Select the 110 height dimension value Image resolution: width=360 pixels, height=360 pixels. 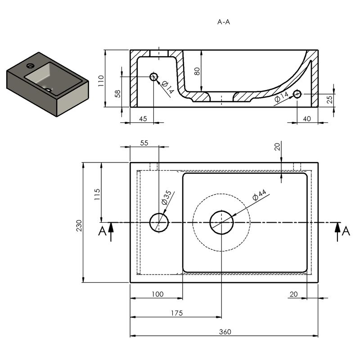[102, 80]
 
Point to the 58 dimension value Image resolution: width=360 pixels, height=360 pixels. [118, 94]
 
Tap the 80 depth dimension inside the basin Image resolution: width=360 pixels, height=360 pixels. [197, 71]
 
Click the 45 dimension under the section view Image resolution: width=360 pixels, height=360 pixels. [142, 119]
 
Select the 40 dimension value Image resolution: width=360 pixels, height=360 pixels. [307, 119]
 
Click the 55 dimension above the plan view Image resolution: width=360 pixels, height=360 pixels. [144, 143]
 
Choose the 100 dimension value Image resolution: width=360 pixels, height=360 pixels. [157, 294]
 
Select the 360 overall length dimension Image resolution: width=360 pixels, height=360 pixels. [225, 332]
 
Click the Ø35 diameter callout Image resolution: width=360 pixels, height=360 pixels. [165, 198]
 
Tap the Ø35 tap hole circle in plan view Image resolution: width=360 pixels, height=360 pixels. [159, 222]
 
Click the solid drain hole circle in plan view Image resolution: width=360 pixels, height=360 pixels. [221, 222]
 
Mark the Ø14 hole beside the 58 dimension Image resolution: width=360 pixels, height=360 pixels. [153, 76]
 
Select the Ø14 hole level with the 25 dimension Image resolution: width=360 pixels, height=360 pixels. [297, 94]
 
